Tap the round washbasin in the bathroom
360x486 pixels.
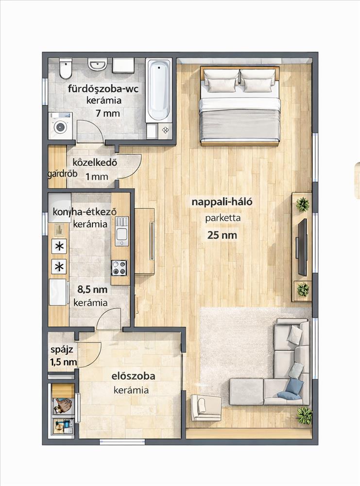click(97, 65)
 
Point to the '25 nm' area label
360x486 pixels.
click(222, 235)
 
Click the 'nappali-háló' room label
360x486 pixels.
click(222, 202)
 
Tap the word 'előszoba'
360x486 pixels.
click(133, 376)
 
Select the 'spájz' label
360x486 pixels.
click(62, 350)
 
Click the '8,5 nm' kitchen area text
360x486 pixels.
click(92, 290)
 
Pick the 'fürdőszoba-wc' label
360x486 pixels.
click(103, 89)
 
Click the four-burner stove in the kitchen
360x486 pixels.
click(120, 268)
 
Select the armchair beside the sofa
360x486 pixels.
click(205, 407)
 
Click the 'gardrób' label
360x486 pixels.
click(62, 174)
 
